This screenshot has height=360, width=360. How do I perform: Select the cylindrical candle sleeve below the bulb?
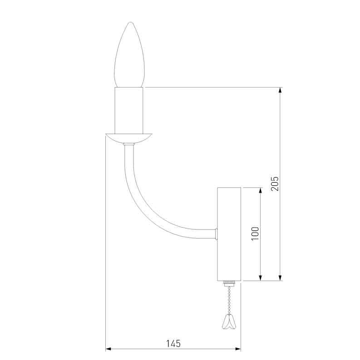[129, 110]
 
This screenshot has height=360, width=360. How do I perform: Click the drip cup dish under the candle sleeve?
[129, 138]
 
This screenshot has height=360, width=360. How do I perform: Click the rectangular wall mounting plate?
[229, 234]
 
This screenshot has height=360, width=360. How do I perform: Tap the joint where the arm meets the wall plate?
[217, 234]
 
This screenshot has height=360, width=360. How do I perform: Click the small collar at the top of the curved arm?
[129, 145]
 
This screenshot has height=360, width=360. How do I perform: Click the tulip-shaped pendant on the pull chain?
[229, 322]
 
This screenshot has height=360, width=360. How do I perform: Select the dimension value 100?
[255, 233]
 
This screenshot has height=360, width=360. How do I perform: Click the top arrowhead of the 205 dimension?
[281, 90]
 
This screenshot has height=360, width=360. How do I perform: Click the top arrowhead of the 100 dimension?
[261, 190]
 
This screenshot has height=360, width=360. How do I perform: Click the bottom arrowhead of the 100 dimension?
[261, 277]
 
